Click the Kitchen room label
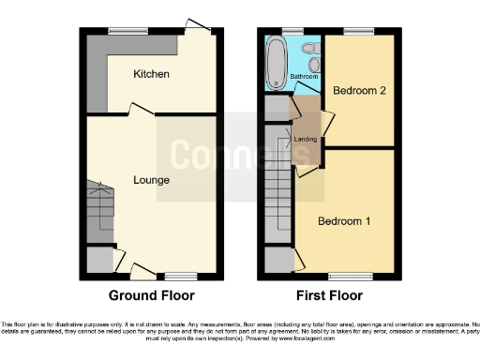pos(151,74)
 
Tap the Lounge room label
pos(150,179)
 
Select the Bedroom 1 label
pos(344,221)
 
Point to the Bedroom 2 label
pos(359,90)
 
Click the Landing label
pos(305,140)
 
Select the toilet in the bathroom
pos(310,47)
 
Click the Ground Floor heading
pos(152,295)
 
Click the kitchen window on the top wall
pos(122,32)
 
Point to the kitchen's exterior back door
pos(197,26)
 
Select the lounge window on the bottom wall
pos(181,277)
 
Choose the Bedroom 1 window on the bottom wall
pos(344,277)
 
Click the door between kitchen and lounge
pos(141,112)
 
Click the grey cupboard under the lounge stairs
pos(98,259)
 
